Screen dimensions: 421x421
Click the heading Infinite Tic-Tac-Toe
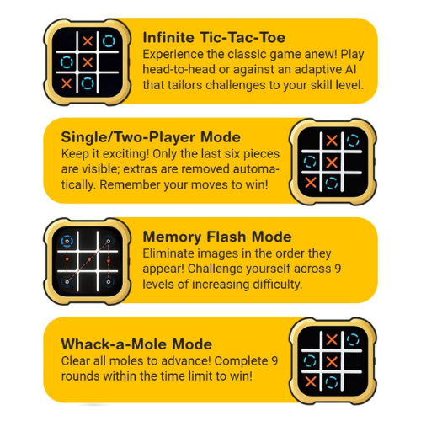(x=214, y=38)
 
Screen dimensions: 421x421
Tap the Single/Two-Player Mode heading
(x=151, y=137)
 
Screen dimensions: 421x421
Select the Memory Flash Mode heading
(x=217, y=237)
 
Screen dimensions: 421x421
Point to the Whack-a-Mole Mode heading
(x=136, y=344)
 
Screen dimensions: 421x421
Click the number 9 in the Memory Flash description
(x=338, y=269)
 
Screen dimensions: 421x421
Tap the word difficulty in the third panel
(x=277, y=285)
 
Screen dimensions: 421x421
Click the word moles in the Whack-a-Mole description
(x=122, y=361)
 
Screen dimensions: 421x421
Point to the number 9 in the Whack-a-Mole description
(x=274, y=361)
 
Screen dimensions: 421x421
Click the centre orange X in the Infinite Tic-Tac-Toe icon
(x=88, y=62)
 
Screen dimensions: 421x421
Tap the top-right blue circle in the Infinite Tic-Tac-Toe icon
(x=109, y=41)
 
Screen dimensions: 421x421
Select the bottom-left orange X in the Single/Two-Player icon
(x=311, y=183)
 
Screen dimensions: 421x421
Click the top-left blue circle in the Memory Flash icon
(x=67, y=241)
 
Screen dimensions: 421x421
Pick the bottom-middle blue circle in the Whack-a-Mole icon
(x=332, y=382)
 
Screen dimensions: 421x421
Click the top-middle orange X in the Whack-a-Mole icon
(x=332, y=340)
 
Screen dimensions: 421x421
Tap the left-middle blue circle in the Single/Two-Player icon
(x=310, y=162)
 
